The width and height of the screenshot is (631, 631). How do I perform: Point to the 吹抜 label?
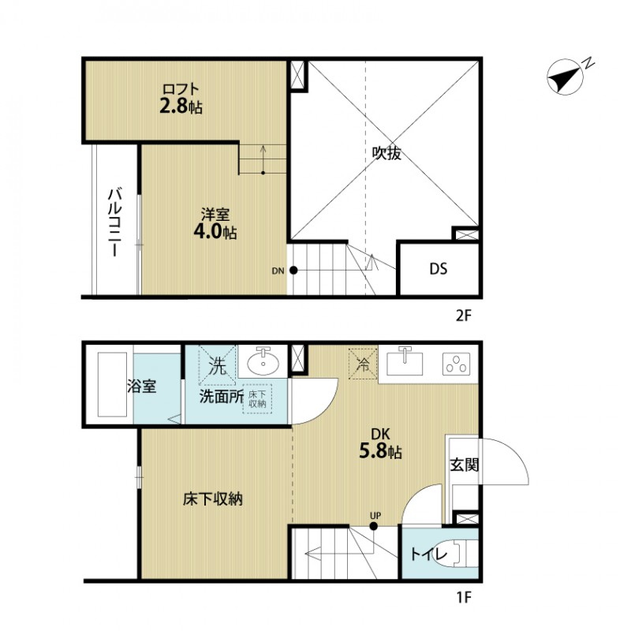click(x=387, y=153)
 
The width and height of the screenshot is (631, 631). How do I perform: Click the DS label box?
click(x=439, y=269)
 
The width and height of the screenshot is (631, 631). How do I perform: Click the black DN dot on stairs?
click(x=293, y=271)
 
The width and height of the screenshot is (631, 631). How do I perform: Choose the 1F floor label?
click(x=462, y=597)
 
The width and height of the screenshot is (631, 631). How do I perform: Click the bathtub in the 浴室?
click(x=107, y=386)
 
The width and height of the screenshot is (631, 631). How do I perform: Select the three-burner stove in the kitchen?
click(x=456, y=364)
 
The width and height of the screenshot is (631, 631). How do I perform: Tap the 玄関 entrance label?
click(x=465, y=465)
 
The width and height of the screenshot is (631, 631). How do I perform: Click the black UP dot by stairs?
click(x=375, y=525)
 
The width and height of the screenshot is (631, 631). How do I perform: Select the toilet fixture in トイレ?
click(x=461, y=554)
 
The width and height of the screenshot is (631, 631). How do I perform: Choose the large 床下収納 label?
click(x=212, y=499)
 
